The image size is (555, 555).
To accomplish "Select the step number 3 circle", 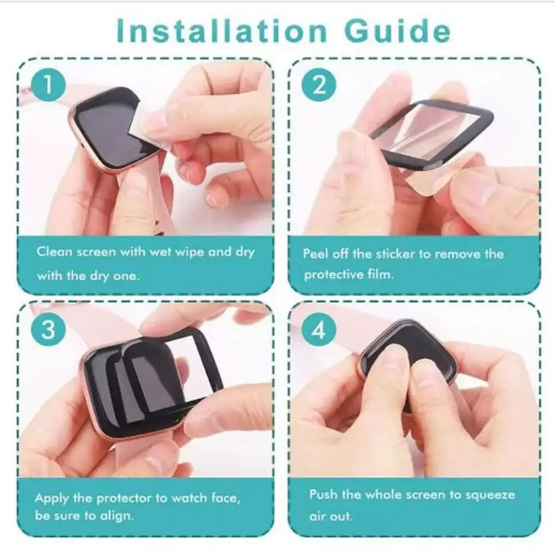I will click(x=47, y=330).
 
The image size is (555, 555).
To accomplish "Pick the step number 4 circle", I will click(x=318, y=331).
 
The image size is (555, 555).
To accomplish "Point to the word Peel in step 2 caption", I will click(x=316, y=253).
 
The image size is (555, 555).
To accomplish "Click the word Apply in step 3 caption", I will click(x=52, y=498).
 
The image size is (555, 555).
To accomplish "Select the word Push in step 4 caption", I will click(x=324, y=495).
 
